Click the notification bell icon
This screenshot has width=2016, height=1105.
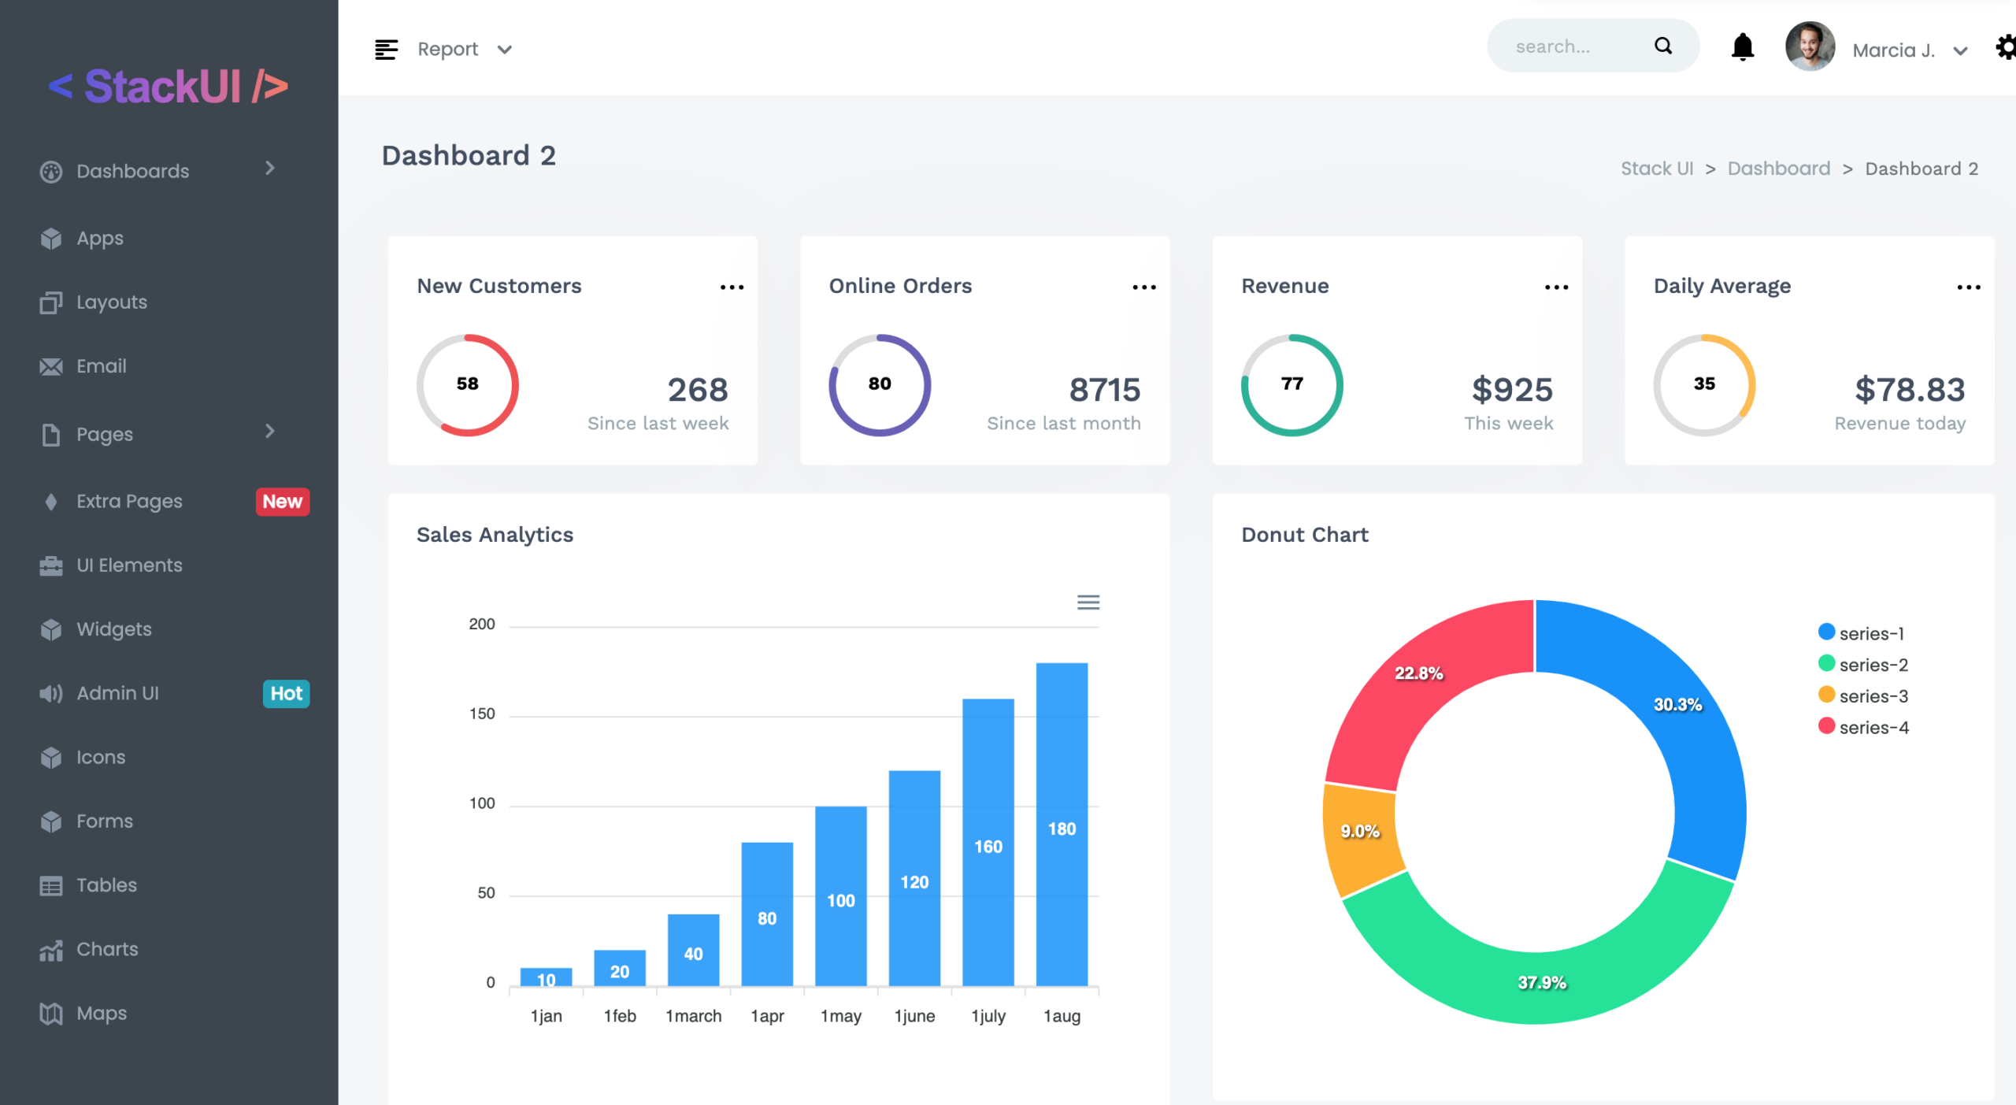[1742, 47]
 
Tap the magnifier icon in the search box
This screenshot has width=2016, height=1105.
[1662, 46]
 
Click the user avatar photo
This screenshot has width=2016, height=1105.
[1809, 47]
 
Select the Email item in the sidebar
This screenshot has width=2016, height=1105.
[101, 366]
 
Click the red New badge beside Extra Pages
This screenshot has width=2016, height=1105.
[282, 502]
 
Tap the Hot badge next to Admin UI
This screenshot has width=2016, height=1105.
[286, 693]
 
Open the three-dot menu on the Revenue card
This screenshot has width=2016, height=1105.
[1556, 287]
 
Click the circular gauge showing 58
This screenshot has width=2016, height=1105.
[467, 384]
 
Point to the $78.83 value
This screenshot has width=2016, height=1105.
[1909, 390]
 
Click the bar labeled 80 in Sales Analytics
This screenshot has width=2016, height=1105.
[766, 914]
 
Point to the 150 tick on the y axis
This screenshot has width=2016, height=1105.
[482, 714]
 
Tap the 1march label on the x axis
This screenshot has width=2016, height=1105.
[693, 1016]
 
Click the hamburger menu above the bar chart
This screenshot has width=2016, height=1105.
[1088, 603]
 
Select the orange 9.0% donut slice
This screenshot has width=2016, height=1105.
[1360, 835]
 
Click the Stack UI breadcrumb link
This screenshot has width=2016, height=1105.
[1656, 169]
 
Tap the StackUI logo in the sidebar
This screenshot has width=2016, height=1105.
[168, 86]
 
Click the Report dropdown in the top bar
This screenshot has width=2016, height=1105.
[463, 50]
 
